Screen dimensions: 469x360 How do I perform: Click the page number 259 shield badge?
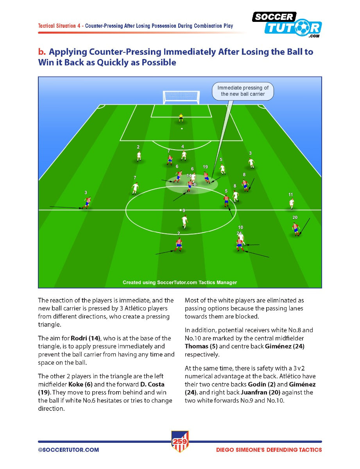click(x=180, y=441)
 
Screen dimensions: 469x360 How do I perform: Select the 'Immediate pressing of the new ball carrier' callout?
click(x=243, y=91)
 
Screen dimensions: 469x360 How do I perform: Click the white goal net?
click(x=181, y=97)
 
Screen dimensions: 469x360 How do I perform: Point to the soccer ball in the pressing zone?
click(x=195, y=184)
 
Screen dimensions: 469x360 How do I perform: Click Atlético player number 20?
click(x=296, y=228)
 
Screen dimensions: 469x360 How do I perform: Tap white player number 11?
click(x=291, y=203)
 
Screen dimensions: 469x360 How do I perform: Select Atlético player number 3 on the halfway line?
click(x=87, y=202)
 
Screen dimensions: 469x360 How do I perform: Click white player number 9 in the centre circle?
click(x=184, y=221)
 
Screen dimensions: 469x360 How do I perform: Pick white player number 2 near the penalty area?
click(x=138, y=156)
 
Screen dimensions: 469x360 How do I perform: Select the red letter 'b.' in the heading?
click(x=42, y=52)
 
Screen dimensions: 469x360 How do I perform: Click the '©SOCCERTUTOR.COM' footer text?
click(x=68, y=450)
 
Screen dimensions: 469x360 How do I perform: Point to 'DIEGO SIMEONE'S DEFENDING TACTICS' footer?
click(x=269, y=450)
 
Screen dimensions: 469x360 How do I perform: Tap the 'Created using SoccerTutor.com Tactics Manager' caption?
click(x=180, y=282)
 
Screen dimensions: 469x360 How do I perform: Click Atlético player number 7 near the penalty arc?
click(x=170, y=159)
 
